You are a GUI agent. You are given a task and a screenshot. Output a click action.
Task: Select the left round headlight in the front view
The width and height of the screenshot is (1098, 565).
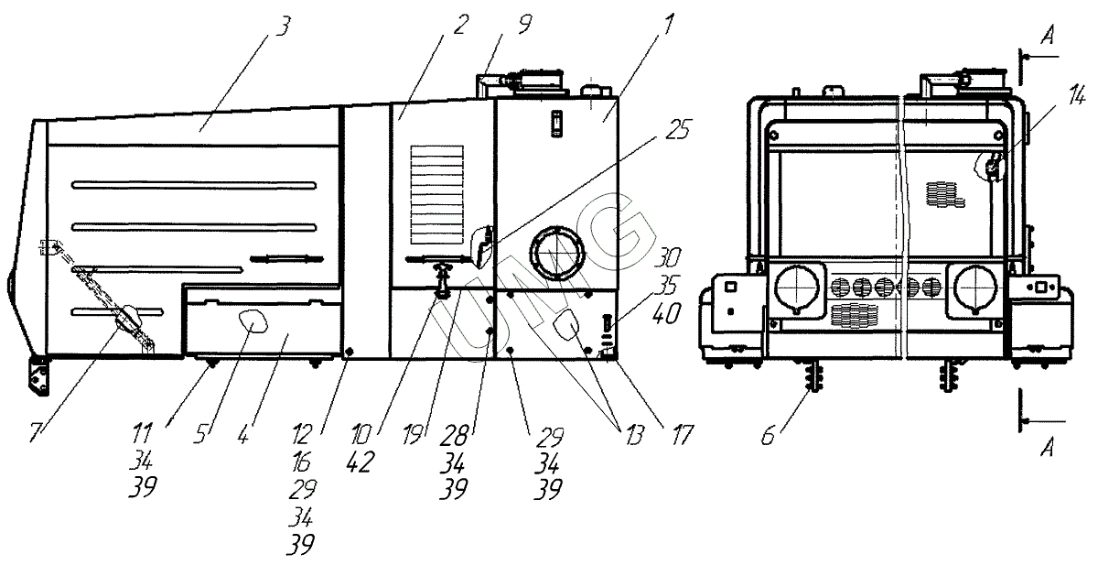[x=795, y=287]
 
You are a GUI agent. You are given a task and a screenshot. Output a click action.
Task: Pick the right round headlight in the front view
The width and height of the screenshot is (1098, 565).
[x=975, y=286]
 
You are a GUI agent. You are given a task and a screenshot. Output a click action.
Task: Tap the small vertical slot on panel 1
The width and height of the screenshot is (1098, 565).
[x=554, y=124]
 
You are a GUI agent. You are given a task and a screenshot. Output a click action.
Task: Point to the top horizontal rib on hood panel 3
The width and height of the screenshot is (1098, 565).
[x=195, y=185]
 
